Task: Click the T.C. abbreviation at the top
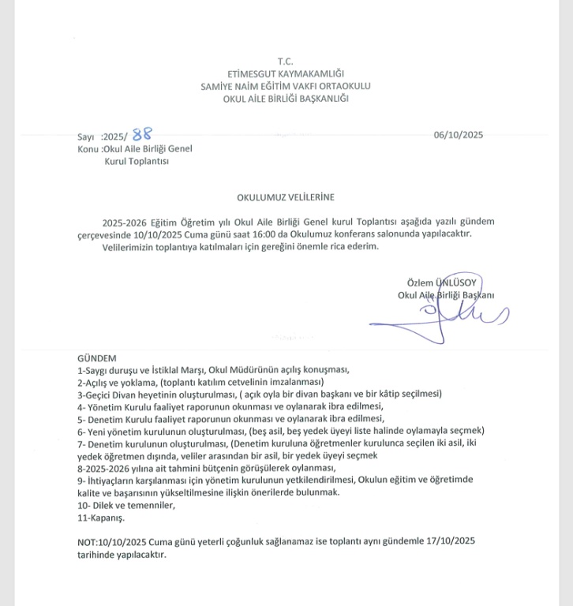point(286,62)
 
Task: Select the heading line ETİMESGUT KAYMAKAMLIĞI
point(286,73)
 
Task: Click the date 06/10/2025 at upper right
point(458,135)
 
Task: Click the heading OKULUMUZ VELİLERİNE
point(286,197)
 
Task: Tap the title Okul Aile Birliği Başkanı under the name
point(446,295)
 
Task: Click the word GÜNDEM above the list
point(97,357)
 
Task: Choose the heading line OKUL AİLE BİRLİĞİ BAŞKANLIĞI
point(286,99)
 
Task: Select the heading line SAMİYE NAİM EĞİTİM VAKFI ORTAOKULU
point(286,86)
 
